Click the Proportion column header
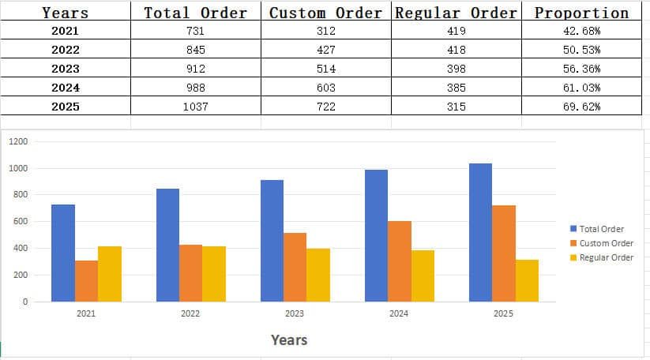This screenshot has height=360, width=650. click(x=581, y=13)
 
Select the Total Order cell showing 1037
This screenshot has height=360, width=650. click(x=195, y=107)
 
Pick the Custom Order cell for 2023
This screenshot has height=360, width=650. click(x=325, y=69)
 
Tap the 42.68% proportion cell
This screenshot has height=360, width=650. click(x=581, y=31)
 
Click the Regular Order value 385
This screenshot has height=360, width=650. click(x=456, y=88)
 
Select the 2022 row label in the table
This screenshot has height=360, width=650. click(x=65, y=50)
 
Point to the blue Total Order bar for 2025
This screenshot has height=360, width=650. click(x=480, y=233)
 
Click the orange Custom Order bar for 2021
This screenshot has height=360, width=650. click(x=86, y=281)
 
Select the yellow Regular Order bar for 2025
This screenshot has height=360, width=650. click(x=527, y=280)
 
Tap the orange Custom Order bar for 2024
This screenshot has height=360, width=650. click(x=400, y=261)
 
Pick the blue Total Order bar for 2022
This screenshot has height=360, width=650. click(x=167, y=245)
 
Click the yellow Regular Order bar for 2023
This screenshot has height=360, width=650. click(x=318, y=275)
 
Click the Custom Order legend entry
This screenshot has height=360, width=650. click(x=606, y=243)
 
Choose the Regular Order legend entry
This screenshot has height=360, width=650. click(x=606, y=257)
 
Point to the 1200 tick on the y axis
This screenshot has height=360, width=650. click(x=19, y=141)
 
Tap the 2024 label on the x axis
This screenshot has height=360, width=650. click(x=399, y=313)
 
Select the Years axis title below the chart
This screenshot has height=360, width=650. click(x=289, y=340)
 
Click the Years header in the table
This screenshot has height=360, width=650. click(x=65, y=13)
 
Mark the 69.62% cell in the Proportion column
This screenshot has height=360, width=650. click(x=581, y=107)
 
